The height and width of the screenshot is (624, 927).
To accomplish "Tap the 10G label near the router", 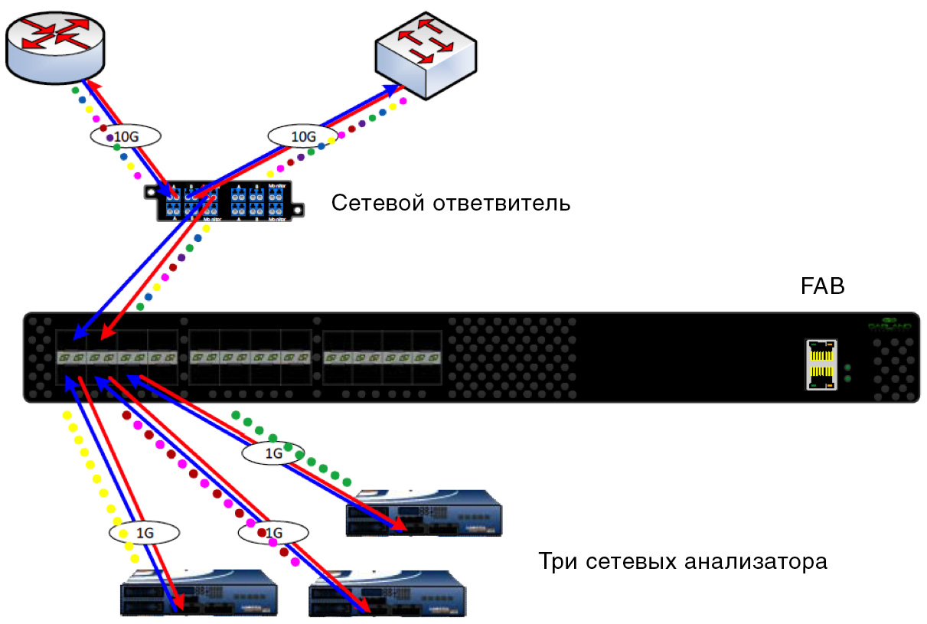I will (x=126, y=136).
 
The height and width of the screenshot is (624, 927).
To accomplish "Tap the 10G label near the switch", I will (x=302, y=136).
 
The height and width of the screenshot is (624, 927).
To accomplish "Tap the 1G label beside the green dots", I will (x=273, y=453).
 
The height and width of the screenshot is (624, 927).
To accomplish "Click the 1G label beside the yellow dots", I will (x=143, y=531).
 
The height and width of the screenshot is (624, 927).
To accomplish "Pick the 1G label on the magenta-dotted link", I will (x=272, y=531).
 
